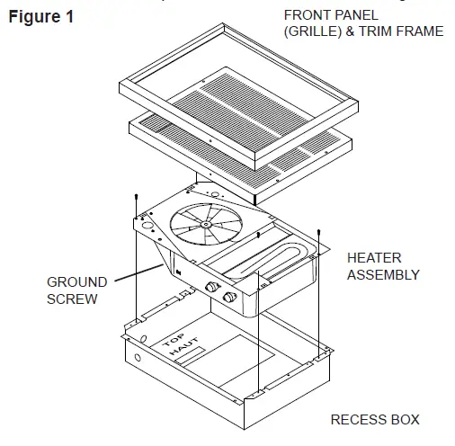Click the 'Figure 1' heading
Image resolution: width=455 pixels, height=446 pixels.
tap(41, 17)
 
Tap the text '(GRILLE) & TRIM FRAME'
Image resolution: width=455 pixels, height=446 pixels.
tap(363, 32)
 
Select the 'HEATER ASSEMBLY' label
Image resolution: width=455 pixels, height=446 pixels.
tap(383, 266)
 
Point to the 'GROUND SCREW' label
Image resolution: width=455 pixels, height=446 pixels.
tap(76, 290)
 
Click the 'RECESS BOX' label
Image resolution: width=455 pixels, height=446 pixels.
tap(374, 420)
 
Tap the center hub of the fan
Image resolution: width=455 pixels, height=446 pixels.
tap(207, 223)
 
